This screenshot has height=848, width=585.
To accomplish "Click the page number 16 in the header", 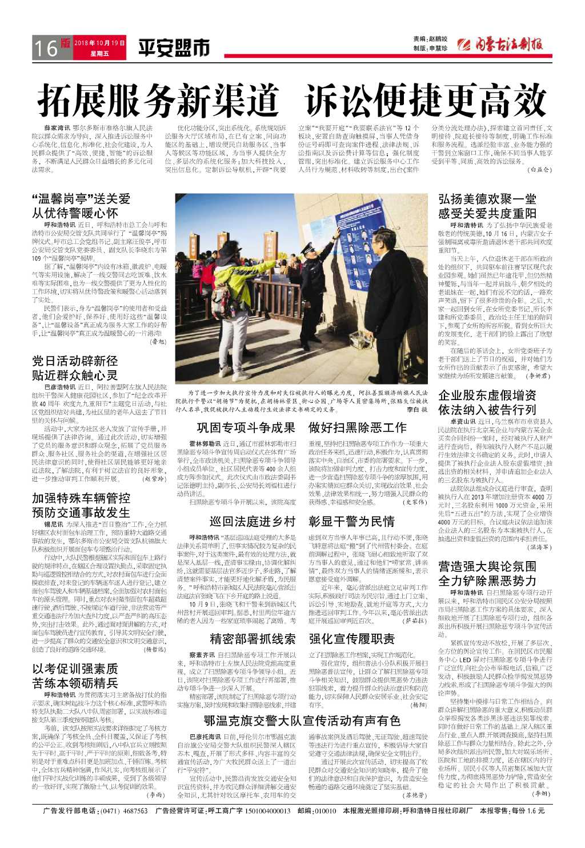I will tap(46, 48).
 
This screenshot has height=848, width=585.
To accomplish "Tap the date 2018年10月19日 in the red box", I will tap(99, 43).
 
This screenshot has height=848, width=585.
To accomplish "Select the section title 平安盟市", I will tap(174, 49).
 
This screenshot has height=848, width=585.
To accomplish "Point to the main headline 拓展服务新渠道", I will tap(159, 101).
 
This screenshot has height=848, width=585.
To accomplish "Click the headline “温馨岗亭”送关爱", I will tap(81, 199).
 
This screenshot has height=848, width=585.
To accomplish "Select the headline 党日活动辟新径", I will tap(75, 361).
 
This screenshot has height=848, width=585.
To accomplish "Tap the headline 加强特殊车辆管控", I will tap(81, 498).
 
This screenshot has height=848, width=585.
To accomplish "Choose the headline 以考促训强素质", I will tap(75, 669).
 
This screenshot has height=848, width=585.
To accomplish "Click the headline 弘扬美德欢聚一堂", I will tap(487, 199).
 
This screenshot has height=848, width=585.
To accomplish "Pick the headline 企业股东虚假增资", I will tap(487, 395).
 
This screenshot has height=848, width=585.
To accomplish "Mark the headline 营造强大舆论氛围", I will tap(487, 566).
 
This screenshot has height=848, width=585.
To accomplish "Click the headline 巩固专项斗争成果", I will tap(246, 427).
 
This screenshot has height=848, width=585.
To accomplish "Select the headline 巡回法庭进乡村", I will tap(252, 521).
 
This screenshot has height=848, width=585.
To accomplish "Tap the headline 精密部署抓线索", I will tap(252, 638).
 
